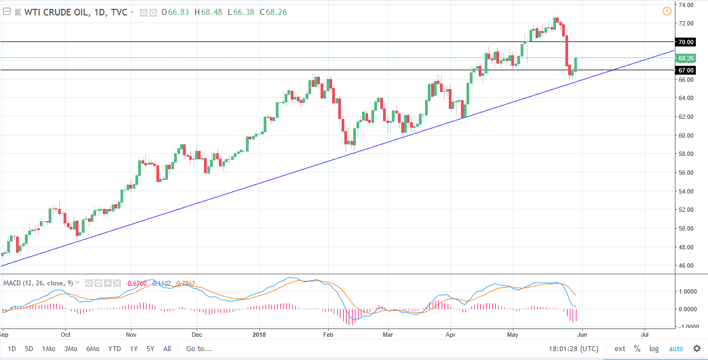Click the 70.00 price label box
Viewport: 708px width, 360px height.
point(686,42)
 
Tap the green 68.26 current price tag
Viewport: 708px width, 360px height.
point(686,58)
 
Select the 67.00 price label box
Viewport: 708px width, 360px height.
point(686,70)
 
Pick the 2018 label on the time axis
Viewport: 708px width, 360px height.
point(259,335)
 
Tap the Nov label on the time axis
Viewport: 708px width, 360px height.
point(131,335)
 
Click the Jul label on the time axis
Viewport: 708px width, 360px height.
point(644,335)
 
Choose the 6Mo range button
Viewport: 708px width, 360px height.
point(92,349)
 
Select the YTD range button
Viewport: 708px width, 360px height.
point(114,349)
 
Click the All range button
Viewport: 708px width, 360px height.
point(167,349)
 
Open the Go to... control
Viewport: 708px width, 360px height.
point(199,349)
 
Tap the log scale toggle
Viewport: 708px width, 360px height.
point(654,349)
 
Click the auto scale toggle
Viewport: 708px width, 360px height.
point(676,349)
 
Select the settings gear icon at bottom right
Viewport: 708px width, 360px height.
point(696,349)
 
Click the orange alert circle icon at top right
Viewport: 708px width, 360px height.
point(667,11)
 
